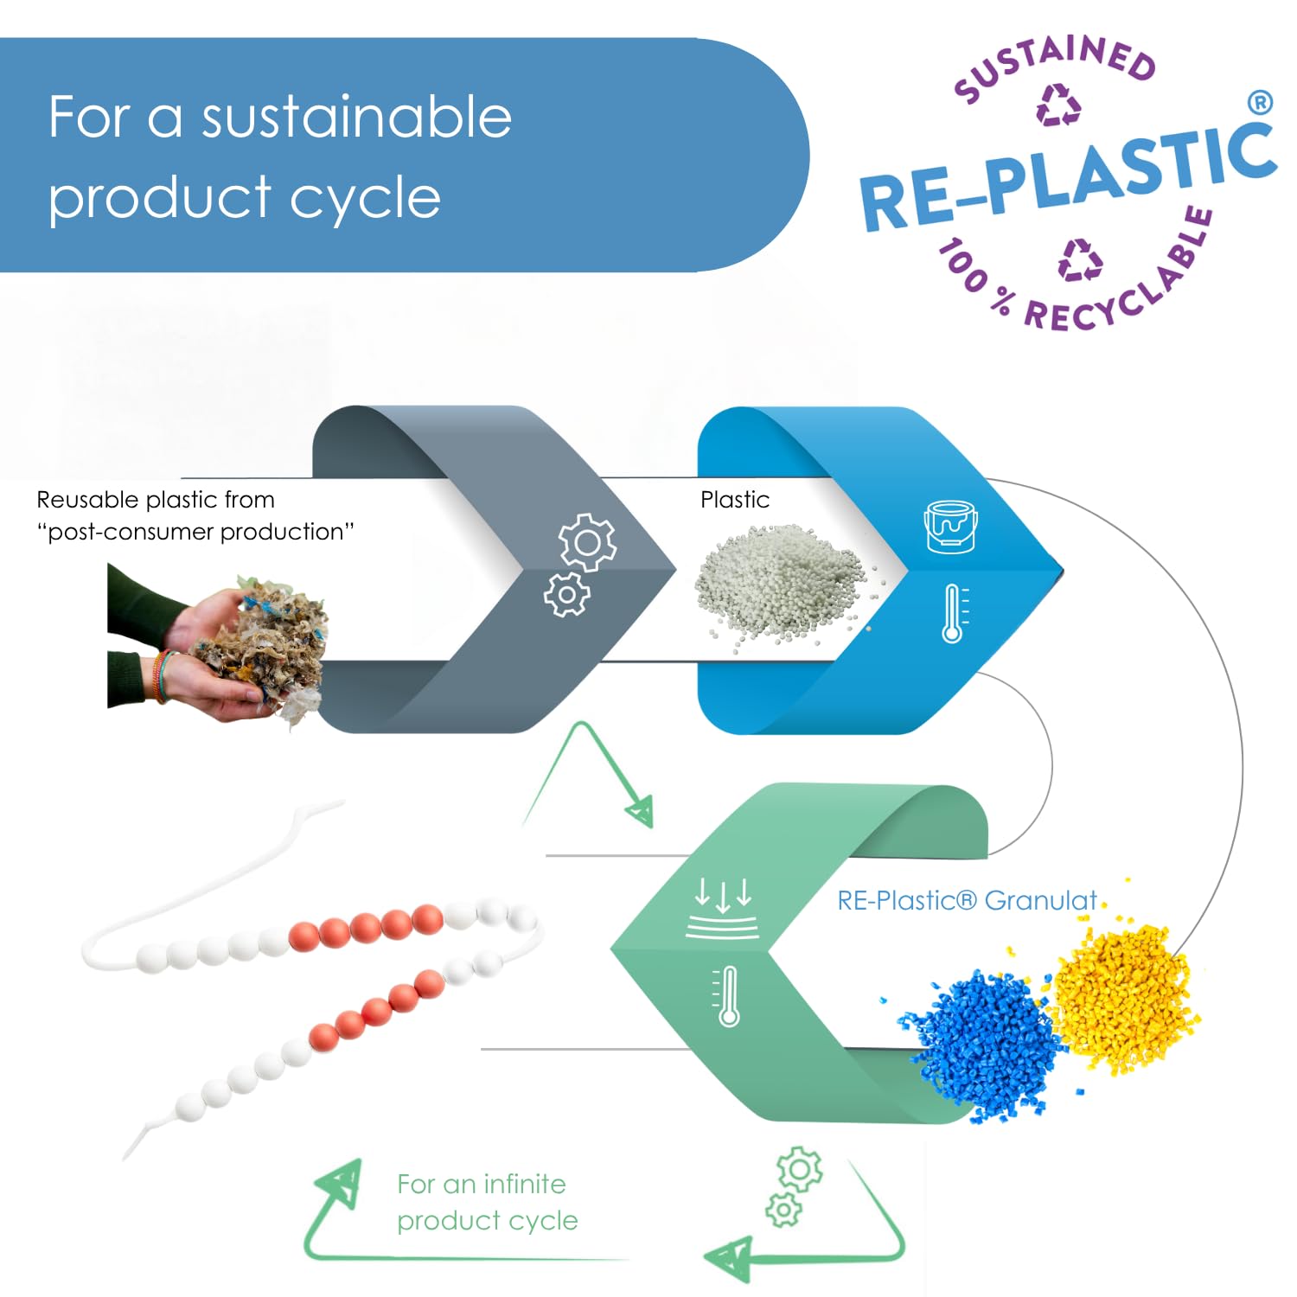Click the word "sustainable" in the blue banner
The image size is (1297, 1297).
point(356,118)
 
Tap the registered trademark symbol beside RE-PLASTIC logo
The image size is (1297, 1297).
point(1261,103)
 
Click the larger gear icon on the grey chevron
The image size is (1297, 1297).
point(588,542)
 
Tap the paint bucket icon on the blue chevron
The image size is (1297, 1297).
point(951,526)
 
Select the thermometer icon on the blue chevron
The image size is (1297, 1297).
point(953,614)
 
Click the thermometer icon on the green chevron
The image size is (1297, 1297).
point(728,996)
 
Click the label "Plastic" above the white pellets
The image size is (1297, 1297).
point(735,500)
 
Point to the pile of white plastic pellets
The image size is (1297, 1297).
point(783,584)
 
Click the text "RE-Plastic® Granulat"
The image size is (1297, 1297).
point(967,901)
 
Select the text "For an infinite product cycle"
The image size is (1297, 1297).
point(487,1202)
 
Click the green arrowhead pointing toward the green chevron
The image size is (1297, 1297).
point(640,813)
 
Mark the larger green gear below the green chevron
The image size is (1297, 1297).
point(800,1170)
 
